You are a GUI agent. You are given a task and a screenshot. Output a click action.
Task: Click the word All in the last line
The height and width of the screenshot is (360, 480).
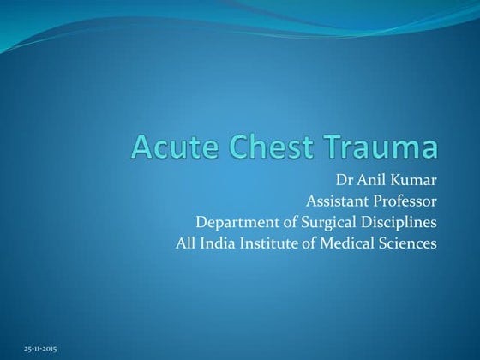click(x=184, y=243)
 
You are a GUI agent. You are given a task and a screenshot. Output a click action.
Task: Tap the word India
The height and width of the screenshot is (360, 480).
click(x=219, y=243)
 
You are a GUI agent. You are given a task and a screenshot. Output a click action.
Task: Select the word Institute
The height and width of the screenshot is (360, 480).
click(x=273, y=243)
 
